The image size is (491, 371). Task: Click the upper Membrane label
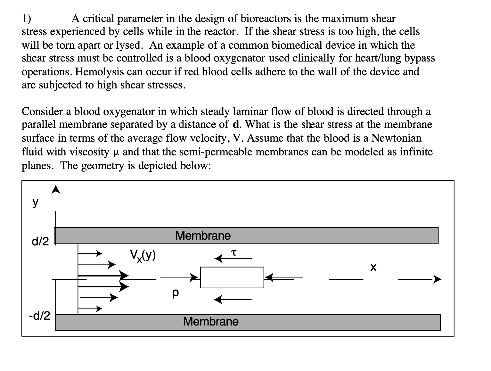coord(203,235)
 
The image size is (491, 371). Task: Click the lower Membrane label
coord(211,321)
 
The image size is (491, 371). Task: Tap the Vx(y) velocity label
coord(143,255)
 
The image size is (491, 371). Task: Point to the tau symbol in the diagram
coord(234,253)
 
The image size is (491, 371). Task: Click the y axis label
coord(36,202)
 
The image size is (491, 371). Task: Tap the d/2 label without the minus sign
coord(40,242)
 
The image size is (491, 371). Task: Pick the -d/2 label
coord(39,316)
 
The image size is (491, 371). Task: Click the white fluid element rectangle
coord(232,277)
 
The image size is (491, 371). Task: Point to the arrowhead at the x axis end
coord(437,279)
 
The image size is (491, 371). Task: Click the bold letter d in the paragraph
coord(234,124)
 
